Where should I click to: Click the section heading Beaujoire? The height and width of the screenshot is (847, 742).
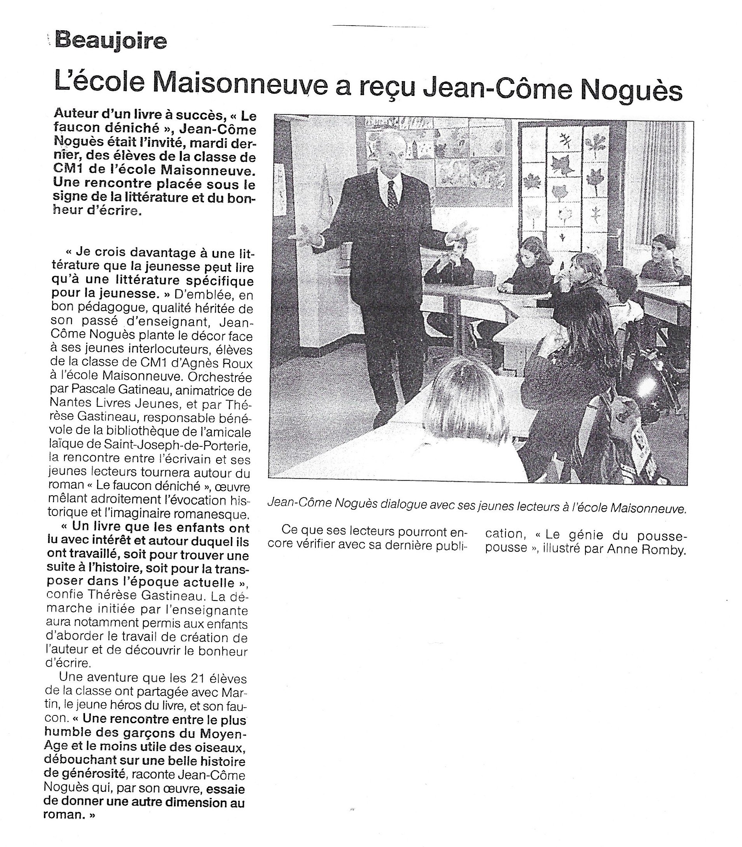pyautogui.click(x=111, y=42)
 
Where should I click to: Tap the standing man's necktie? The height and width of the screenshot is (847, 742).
pyautogui.click(x=391, y=194)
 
